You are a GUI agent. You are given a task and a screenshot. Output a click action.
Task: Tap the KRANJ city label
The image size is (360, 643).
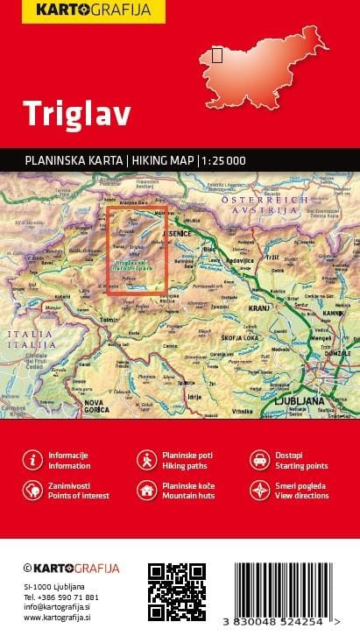235,308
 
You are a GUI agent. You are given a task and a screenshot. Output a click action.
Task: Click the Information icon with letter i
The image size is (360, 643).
32,460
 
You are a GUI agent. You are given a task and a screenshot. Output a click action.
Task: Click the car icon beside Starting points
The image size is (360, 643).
259,460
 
